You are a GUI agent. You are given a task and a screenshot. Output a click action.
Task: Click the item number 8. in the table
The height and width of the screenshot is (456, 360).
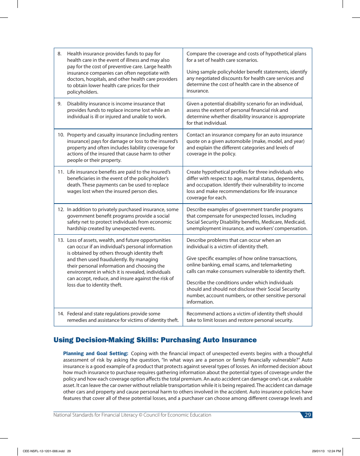(59, 54)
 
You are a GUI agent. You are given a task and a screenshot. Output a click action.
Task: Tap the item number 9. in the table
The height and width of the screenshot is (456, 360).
(59, 104)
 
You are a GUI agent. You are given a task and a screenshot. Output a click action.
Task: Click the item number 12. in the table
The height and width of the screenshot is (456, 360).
(61, 210)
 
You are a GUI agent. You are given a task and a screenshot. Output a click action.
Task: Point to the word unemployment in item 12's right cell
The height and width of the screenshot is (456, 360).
(203, 229)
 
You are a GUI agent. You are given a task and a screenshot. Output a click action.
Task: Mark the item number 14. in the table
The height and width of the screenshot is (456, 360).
(61, 314)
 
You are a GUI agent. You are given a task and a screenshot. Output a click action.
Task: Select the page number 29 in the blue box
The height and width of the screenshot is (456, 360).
(307, 415)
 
